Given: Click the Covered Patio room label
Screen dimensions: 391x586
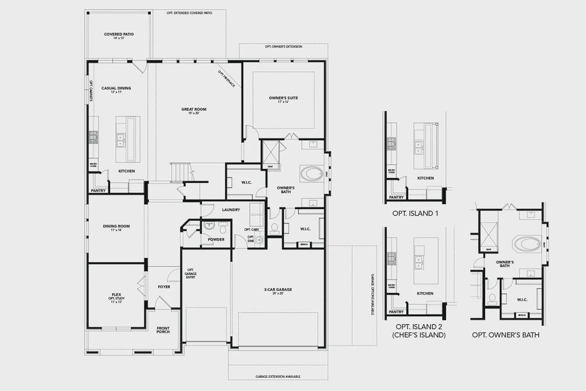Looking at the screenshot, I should [119, 34].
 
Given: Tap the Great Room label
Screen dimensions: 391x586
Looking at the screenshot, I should [193, 109].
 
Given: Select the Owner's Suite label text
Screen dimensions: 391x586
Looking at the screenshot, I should [283, 98].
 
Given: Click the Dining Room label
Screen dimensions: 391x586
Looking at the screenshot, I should [117, 226].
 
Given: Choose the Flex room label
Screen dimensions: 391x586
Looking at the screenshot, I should [117, 295].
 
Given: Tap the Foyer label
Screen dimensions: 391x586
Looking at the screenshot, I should [163, 286].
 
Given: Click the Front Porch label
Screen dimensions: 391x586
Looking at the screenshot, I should [163, 329].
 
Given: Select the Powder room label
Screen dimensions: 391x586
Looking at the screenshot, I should [216, 239].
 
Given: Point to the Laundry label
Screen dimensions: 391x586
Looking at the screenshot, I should [231, 209].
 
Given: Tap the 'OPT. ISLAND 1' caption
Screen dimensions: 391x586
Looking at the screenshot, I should [415, 213].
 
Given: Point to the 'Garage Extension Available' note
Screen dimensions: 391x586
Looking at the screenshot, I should [278, 377].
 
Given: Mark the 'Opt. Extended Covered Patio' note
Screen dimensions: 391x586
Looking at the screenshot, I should [189, 12].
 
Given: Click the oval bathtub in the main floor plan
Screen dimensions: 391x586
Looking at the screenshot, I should [312, 174].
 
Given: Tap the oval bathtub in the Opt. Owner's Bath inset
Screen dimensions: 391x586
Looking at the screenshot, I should [525, 245].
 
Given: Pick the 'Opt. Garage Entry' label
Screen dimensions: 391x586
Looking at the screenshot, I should [191, 274].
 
